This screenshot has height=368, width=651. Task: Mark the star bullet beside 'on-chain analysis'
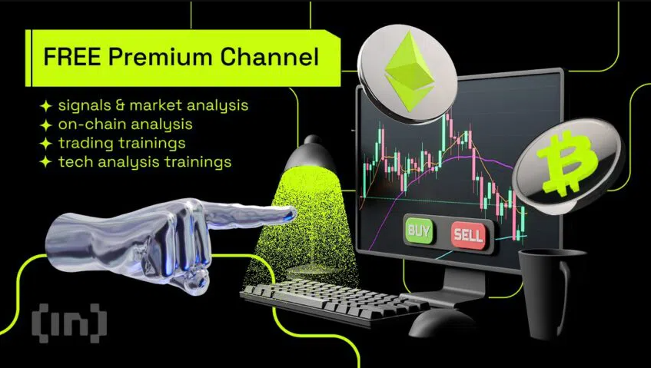coord(46,124)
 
